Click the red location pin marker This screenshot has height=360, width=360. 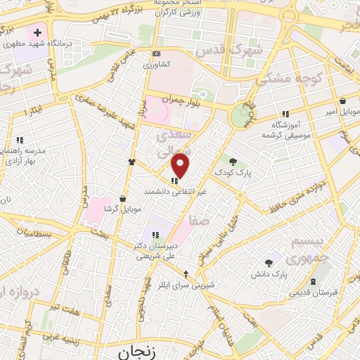click(181, 166)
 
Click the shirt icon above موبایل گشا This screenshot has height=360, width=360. click(131, 162)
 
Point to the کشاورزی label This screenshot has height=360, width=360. click(156, 65)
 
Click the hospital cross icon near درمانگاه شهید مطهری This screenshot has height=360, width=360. click(37, 32)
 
